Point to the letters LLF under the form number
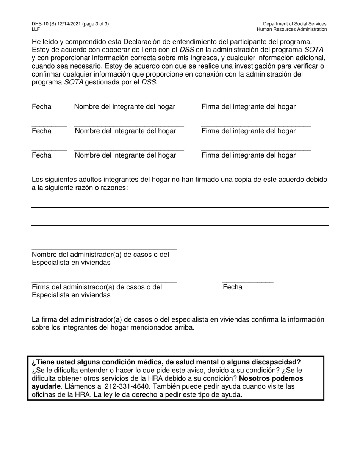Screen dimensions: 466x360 (x=36, y=29)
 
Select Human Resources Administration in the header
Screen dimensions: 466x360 (x=291, y=29)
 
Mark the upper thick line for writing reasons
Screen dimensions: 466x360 (x=180, y=207)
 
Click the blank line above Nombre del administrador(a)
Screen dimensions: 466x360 (x=104, y=249)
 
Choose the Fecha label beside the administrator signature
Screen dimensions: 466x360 (x=232, y=287)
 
